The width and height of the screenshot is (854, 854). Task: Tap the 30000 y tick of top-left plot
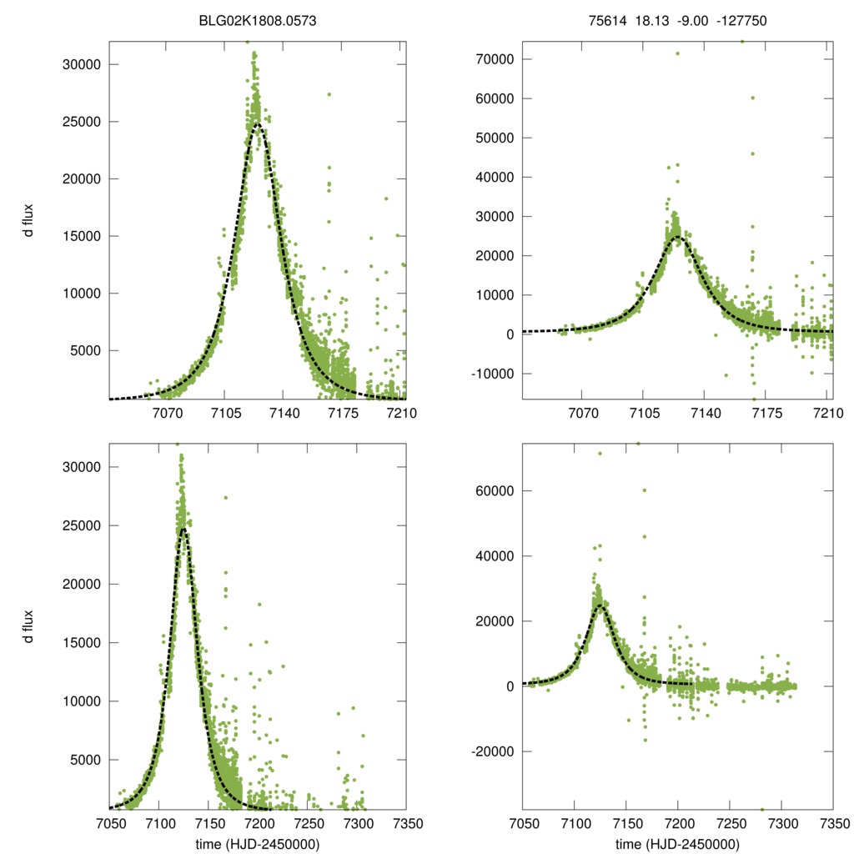(x=83, y=64)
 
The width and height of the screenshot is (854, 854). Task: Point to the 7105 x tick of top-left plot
(x=224, y=413)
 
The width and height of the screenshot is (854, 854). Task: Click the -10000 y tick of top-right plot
(x=493, y=374)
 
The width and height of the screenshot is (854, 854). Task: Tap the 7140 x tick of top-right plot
(x=706, y=413)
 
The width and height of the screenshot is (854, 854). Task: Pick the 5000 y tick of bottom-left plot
(x=86, y=760)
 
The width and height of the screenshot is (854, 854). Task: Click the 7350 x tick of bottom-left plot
(x=406, y=823)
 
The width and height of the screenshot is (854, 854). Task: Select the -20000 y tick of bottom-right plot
(x=493, y=751)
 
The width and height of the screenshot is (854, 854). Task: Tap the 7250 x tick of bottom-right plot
(x=730, y=823)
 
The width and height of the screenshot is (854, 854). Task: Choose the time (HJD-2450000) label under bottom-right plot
(x=677, y=843)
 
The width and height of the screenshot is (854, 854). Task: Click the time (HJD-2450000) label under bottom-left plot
(x=258, y=843)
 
